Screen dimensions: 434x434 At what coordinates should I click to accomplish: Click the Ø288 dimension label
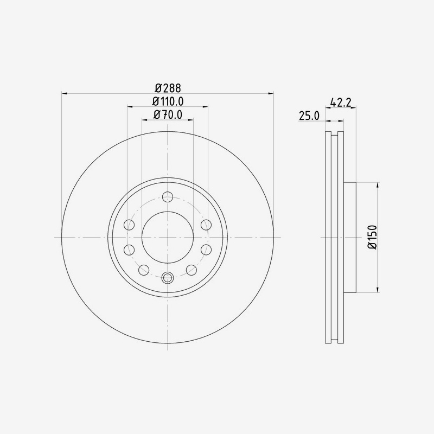tap(168, 87)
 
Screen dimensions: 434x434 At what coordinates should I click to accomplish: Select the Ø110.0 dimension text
tap(168, 101)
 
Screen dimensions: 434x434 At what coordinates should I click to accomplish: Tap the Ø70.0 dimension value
tap(168, 114)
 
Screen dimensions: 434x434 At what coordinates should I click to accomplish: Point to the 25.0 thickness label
tap(308, 115)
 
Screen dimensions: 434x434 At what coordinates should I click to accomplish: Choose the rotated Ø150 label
tap(372, 237)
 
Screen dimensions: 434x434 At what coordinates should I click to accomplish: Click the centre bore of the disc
tap(168, 237)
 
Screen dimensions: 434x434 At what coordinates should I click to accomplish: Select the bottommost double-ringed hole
tap(168, 278)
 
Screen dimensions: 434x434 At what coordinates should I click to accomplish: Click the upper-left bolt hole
tap(130, 225)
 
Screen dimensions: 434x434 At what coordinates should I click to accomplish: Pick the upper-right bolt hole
tap(206, 225)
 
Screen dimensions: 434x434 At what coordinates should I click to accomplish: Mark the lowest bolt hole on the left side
tap(144, 270)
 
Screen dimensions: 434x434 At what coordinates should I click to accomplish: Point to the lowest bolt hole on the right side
tap(191, 270)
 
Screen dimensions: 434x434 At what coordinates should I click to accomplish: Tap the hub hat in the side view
tap(350, 237)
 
